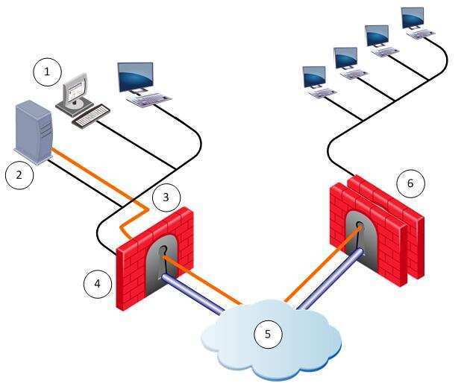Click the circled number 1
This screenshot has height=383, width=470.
click(47, 72)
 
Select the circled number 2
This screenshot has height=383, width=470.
click(19, 175)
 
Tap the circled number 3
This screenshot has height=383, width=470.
click(166, 197)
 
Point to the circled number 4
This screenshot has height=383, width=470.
click(98, 283)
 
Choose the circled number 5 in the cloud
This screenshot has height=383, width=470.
click(268, 334)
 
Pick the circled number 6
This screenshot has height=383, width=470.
click(410, 183)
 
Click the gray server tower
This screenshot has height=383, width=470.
click(34, 133)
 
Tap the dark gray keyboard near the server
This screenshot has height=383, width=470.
click(91, 116)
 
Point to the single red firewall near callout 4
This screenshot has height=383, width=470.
click(155, 258)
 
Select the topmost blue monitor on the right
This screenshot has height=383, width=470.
click(413, 18)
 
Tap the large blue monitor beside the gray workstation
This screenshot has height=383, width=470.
click(136, 77)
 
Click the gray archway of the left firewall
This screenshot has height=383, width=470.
click(163, 260)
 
